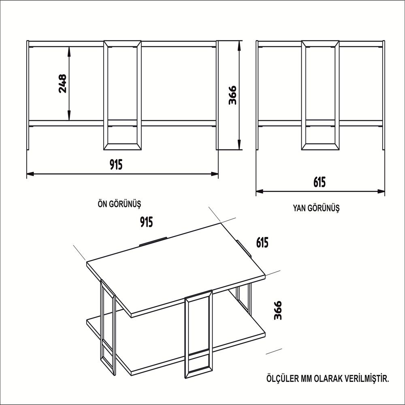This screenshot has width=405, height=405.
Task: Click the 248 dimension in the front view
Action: click(x=62, y=83)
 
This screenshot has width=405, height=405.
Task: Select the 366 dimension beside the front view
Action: click(x=232, y=95)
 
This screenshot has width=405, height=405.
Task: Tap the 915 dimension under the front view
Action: click(x=116, y=164)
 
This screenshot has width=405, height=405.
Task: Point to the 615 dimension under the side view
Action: click(x=319, y=182)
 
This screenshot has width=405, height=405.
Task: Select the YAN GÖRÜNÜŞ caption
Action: click(x=316, y=209)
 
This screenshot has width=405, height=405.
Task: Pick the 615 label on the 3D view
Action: click(x=262, y=242)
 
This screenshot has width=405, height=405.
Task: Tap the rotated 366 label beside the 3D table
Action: click(x=277, y=311)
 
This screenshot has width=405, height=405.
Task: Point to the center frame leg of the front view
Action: click(x=123, y=95)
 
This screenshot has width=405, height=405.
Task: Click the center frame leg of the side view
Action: click(x=320, y=95)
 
